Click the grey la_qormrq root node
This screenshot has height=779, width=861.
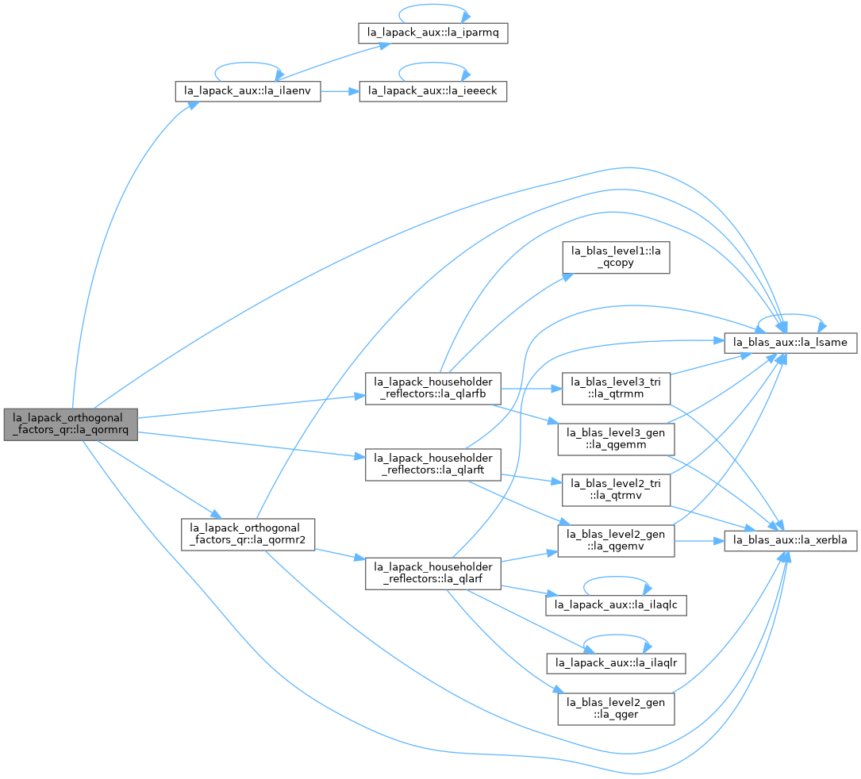[x=71, y=424]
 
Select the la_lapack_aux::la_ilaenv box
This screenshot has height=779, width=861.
[x=248, y=91]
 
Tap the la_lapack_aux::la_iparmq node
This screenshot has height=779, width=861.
[x=432, y=33]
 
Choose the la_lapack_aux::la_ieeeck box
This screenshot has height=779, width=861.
[x=432, y=91]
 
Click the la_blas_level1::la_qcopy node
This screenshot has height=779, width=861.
[x=616, y=258]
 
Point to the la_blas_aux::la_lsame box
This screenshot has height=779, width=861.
[x=790, y=343]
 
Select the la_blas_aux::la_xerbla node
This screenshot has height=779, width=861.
[x=790, y=541]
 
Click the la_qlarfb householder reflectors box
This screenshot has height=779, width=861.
[x=432, y=389]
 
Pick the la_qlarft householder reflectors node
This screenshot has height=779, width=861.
[x=432, y=464]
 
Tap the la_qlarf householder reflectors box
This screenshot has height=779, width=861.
[x=432, y=574]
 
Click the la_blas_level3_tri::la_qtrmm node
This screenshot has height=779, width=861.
[x=616, y=389]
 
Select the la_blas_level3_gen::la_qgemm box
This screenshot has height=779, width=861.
[x=616, y=439]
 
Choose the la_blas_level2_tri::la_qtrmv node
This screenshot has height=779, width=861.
[x=616, y=490]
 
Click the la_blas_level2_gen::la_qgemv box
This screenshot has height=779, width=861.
[x=616, y=541]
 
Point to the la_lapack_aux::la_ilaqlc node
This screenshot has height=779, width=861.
[x=616, y=605]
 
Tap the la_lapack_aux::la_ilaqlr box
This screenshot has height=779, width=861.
[x=616, y=663]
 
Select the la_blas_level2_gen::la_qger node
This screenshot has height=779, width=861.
[x=616, y=708]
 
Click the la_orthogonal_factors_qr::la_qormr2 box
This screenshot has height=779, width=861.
[x=248, y=535]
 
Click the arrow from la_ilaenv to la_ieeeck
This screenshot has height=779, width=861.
[x=340, y=91]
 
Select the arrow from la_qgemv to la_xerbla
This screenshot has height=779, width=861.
[x=699, y=541]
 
